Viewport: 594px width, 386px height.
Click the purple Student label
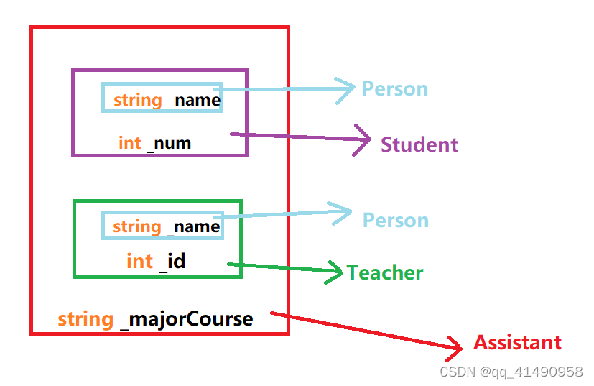(419, 144)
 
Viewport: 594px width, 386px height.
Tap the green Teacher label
(385, 273)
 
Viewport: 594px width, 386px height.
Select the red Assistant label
(517, 342)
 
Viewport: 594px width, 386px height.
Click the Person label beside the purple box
(394, 89)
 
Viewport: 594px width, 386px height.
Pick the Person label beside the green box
(395, 220)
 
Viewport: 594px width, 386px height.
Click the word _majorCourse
(187, 319)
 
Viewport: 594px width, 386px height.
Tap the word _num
(169, 143)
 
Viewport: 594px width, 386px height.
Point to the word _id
(172, 261)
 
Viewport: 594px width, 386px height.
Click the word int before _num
(129, 143)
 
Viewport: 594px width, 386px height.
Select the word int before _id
(139, 261)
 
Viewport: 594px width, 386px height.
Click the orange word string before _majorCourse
(85, 319)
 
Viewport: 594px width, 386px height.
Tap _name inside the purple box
(194, 100)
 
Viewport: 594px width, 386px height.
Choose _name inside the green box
(194, 227)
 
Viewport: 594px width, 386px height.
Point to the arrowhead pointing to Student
(363, 139)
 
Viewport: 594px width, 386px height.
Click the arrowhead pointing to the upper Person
(349, 89)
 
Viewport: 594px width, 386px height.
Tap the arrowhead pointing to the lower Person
(345, 211)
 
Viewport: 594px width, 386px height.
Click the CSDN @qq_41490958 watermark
(511, 372)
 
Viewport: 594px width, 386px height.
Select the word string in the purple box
(137, 100)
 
